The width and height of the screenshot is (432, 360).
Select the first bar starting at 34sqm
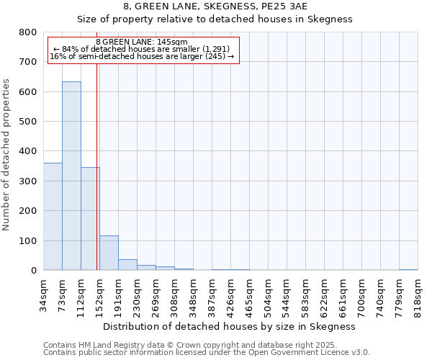pyautogui.click(x=53, y=217)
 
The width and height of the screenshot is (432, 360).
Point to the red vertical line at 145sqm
pyautogui.click(x=96, y=180)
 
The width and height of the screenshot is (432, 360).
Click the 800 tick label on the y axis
pyautogui.click(x=29, y=32)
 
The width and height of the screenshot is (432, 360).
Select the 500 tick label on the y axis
pyautogui.click(x=29, y=122)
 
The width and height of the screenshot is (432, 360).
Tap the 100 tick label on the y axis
pyautogui.click(x=29, y=240)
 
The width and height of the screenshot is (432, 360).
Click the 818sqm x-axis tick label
pyautogui.click(x=418, y=292)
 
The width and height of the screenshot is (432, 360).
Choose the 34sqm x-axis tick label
pyautogui.click(x=44, y=291)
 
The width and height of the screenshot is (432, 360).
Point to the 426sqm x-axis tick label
pyautogui.click(x=231, y=292)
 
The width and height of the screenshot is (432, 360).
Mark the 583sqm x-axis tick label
pyautogui.click(x=306, y=292)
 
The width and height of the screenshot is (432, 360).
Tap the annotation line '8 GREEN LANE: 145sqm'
pyautogui.click(x=142, y=42)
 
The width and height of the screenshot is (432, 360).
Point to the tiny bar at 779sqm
pyautogui.click(x=408, y=269)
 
